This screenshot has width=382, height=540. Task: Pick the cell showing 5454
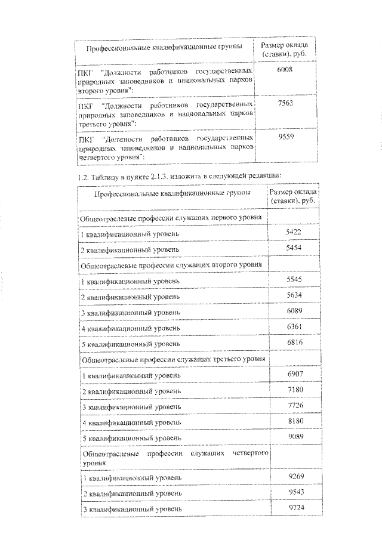297,247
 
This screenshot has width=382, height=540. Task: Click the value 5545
297,279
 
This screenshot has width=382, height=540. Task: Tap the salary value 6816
297,343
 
